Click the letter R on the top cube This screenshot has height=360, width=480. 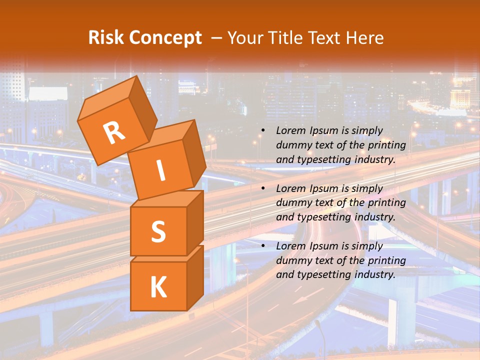click(114, 132)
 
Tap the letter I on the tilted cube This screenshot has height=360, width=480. click(160, 170)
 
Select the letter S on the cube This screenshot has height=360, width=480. click(158, 231)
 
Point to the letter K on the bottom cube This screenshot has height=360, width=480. click(158, 287)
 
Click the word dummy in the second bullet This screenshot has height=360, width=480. click(292, 203)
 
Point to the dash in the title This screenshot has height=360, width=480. click(216, 38)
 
